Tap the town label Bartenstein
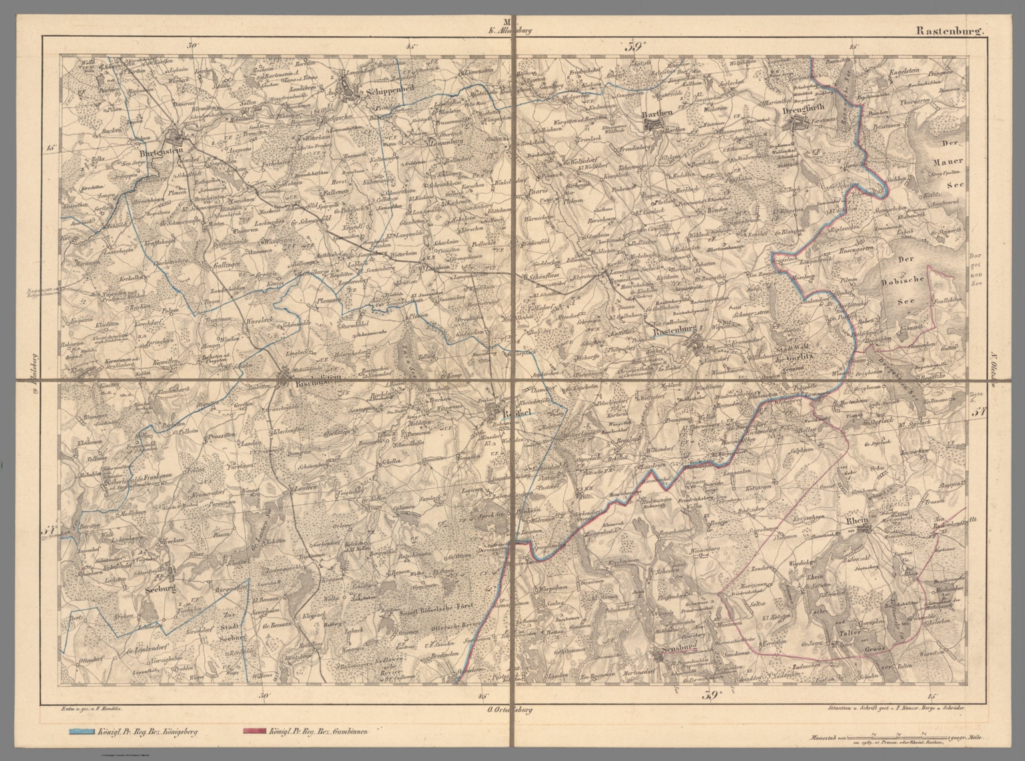163,152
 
